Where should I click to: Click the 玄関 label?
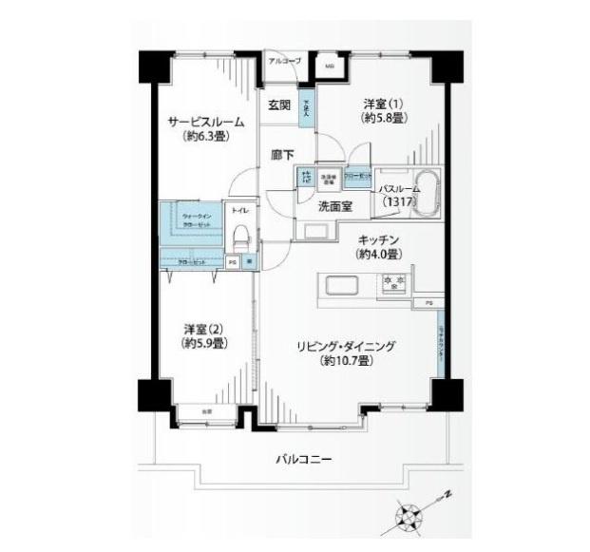pos(278,105)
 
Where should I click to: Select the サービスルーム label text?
pos(206,122)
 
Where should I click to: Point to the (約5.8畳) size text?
pos(385,119)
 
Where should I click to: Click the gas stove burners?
pos(394,282)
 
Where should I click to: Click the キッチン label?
pos(377,240)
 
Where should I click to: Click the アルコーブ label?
pos(285,61)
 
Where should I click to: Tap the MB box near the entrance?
pos(330,67)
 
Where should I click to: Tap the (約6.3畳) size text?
pos(206,137)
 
